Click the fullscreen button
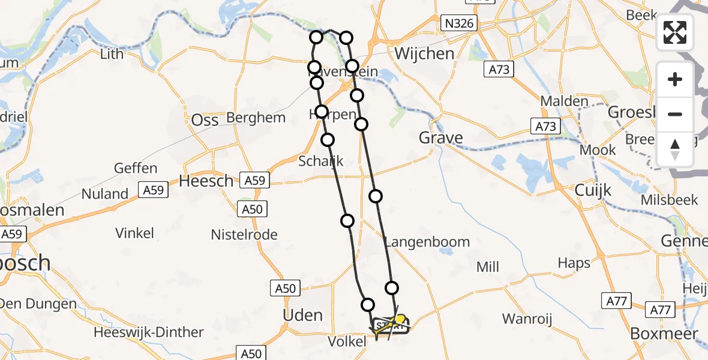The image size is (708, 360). point(675,32)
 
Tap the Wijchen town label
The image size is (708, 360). point(424,54)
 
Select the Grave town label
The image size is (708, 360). point(441,139)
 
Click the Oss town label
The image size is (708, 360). point(205,120)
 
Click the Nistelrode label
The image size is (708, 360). point(244,234)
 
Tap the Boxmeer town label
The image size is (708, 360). point(664,334)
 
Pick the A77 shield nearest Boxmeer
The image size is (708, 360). point(661,310)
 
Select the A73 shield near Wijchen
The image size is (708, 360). point(498,70)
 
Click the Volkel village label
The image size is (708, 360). point(347,341)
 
